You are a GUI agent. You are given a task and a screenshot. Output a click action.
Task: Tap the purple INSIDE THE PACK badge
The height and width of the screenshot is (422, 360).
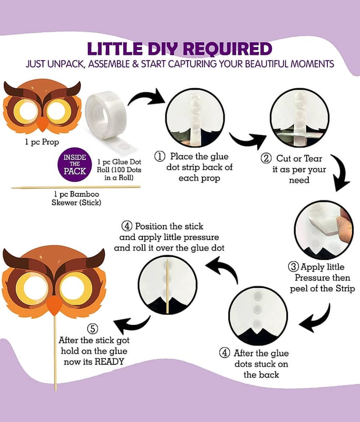click(x=75, y=164)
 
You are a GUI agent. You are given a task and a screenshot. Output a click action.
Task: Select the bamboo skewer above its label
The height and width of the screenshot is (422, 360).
click(x=75, y=187)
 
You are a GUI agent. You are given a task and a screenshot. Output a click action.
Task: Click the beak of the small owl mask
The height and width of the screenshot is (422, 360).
click(x=43, y=124)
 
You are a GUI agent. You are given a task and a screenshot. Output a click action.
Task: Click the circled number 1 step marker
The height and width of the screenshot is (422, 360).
click(x=160, y=156)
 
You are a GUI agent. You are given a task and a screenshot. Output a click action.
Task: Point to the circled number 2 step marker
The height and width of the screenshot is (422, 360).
click(x=266, y=158)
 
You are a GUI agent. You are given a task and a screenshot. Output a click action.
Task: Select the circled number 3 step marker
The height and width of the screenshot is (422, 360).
click(x=293, y=267)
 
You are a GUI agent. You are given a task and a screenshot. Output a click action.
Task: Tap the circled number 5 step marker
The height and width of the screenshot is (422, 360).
click(x=93, y=329)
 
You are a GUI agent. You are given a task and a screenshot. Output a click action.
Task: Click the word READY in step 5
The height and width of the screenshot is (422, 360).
click(x=110, y=361)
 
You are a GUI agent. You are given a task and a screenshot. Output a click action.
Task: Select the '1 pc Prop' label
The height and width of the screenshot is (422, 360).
click(x=42, y=142)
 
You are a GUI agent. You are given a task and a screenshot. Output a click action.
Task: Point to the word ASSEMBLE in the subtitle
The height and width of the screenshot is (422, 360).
click(x=109, y=64)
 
